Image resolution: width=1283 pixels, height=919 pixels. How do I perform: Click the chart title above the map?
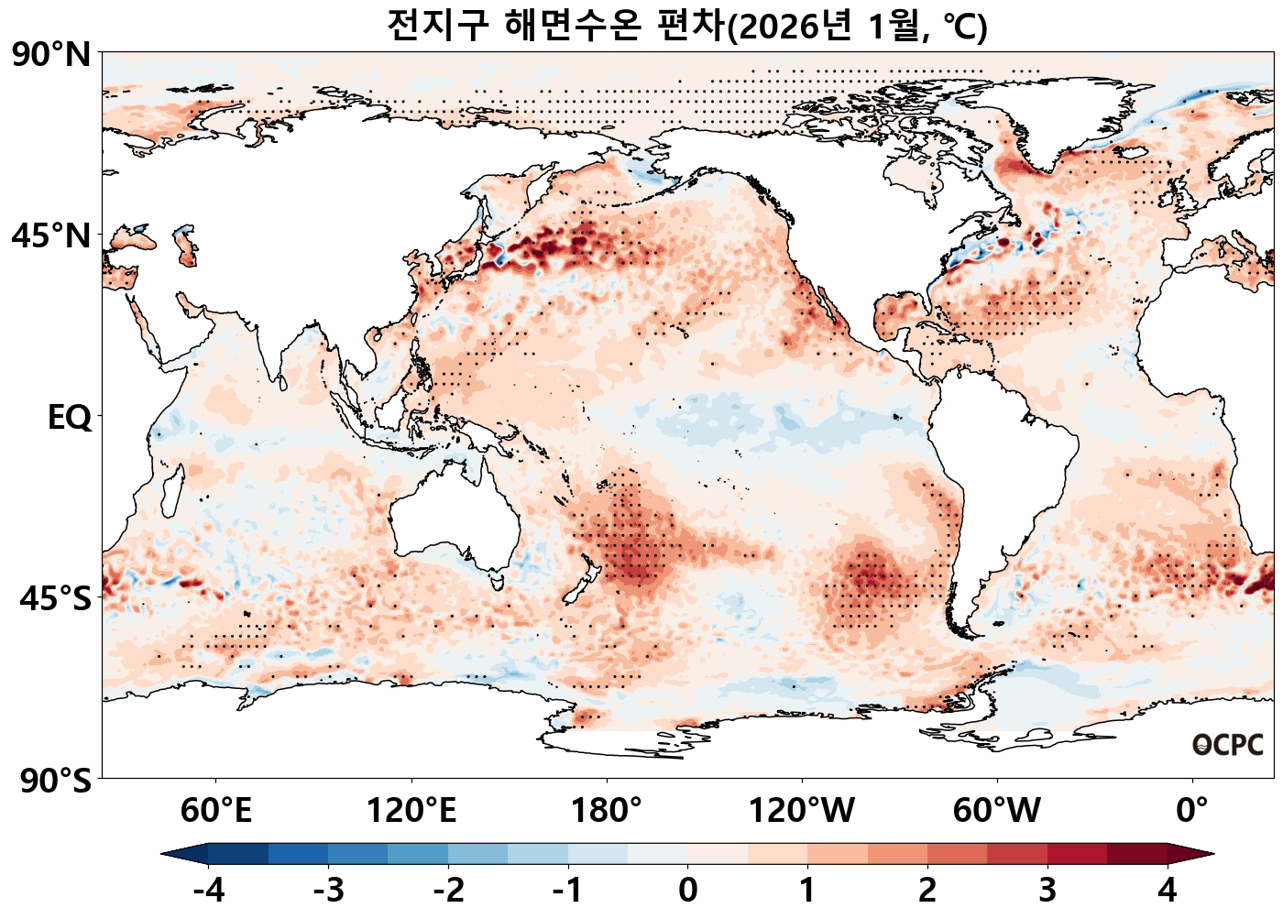(687, 26)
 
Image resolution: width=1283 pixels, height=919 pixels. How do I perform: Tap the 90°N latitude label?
(51, 54)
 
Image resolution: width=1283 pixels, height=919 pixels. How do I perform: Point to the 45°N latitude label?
(51, 235)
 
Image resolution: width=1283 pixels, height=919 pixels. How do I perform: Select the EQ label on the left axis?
(70, 418)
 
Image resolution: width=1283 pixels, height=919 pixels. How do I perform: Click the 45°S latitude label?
(55, 599)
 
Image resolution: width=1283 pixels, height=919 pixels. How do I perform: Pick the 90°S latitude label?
(55, 782)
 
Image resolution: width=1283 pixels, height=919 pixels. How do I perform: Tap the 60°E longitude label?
(216, 811)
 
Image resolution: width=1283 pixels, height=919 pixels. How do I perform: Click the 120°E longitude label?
(411, 811)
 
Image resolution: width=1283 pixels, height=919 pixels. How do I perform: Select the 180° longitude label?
(607, 811)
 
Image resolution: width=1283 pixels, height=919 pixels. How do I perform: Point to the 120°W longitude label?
(802, 811)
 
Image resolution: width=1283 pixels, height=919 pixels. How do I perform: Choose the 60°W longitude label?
(997, 811)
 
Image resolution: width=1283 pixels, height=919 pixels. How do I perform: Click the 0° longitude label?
(1192, 811)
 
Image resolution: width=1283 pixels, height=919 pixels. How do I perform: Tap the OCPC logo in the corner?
(1228, 745)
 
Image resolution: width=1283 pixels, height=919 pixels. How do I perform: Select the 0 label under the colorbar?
(687, 890)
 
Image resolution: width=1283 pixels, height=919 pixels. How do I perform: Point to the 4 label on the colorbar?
(1167, 890)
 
